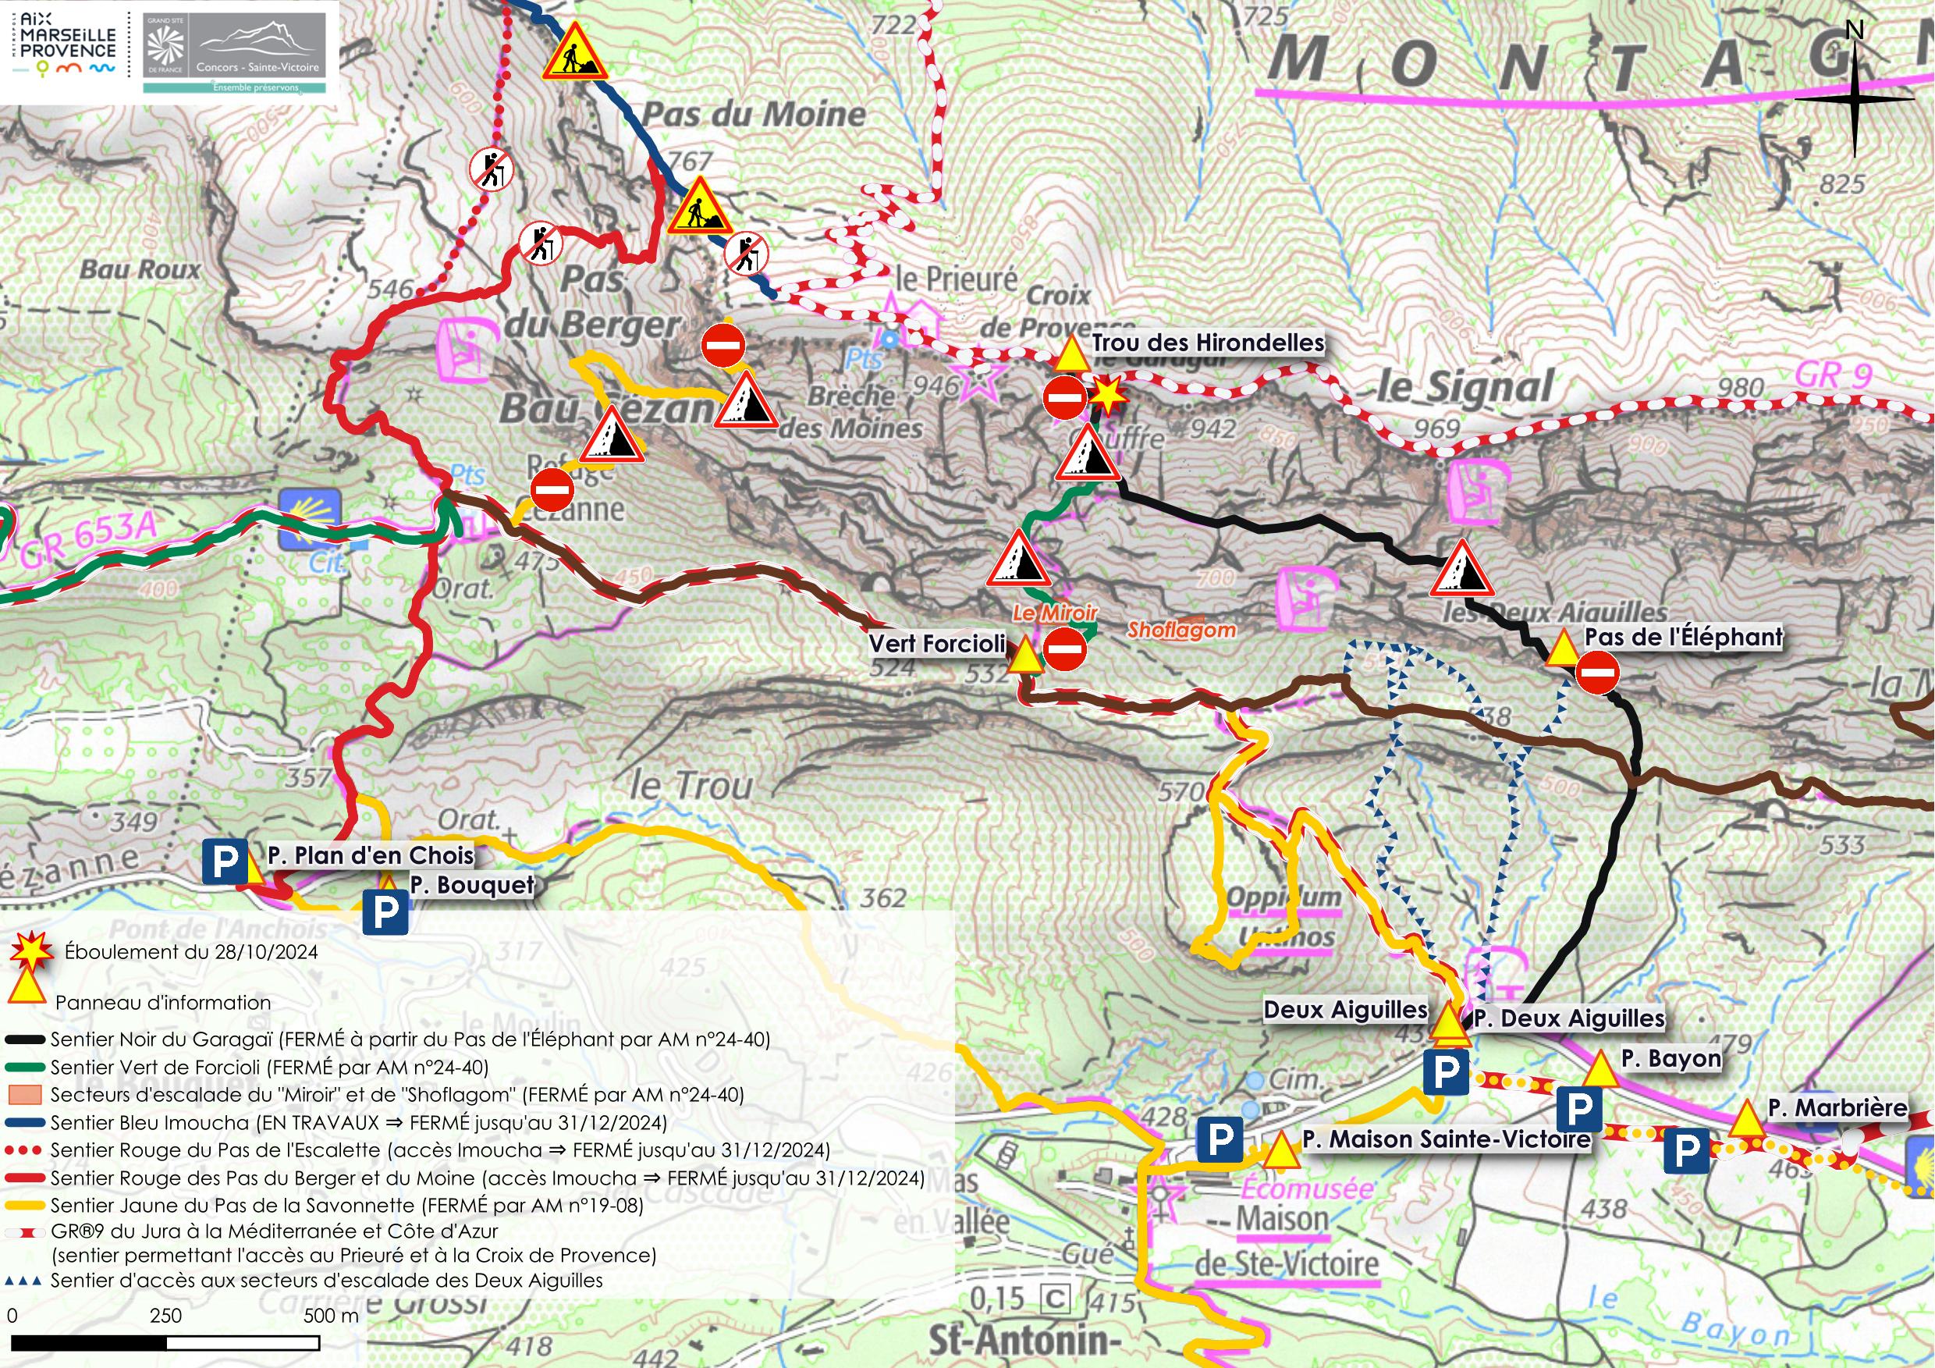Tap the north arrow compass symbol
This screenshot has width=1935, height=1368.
click(1854, 97)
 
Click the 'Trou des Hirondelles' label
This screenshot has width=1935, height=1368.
click(1208, 343)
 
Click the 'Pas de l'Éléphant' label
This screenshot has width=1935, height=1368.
click(1683, 638)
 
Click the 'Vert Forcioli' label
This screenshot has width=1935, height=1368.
click(937, 644)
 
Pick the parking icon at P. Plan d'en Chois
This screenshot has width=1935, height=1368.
click(225, 862)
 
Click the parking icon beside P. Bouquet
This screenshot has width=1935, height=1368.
click(385, 911)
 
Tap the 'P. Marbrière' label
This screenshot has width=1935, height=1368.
click(1837, 1107)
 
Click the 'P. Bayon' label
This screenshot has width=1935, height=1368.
click(1670, 1059)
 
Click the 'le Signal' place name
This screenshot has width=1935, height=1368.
click(1465, 387)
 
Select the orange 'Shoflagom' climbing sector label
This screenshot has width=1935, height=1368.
click(1181, 630)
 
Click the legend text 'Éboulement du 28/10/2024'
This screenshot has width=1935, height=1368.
click(191, 953)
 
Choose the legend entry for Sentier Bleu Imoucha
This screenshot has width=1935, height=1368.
click(358, 1123)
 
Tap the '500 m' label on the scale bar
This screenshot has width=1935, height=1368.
click(331, 1316)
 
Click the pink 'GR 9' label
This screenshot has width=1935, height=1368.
click(1833, 375)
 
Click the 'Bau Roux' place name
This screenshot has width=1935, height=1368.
click(140, 270)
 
